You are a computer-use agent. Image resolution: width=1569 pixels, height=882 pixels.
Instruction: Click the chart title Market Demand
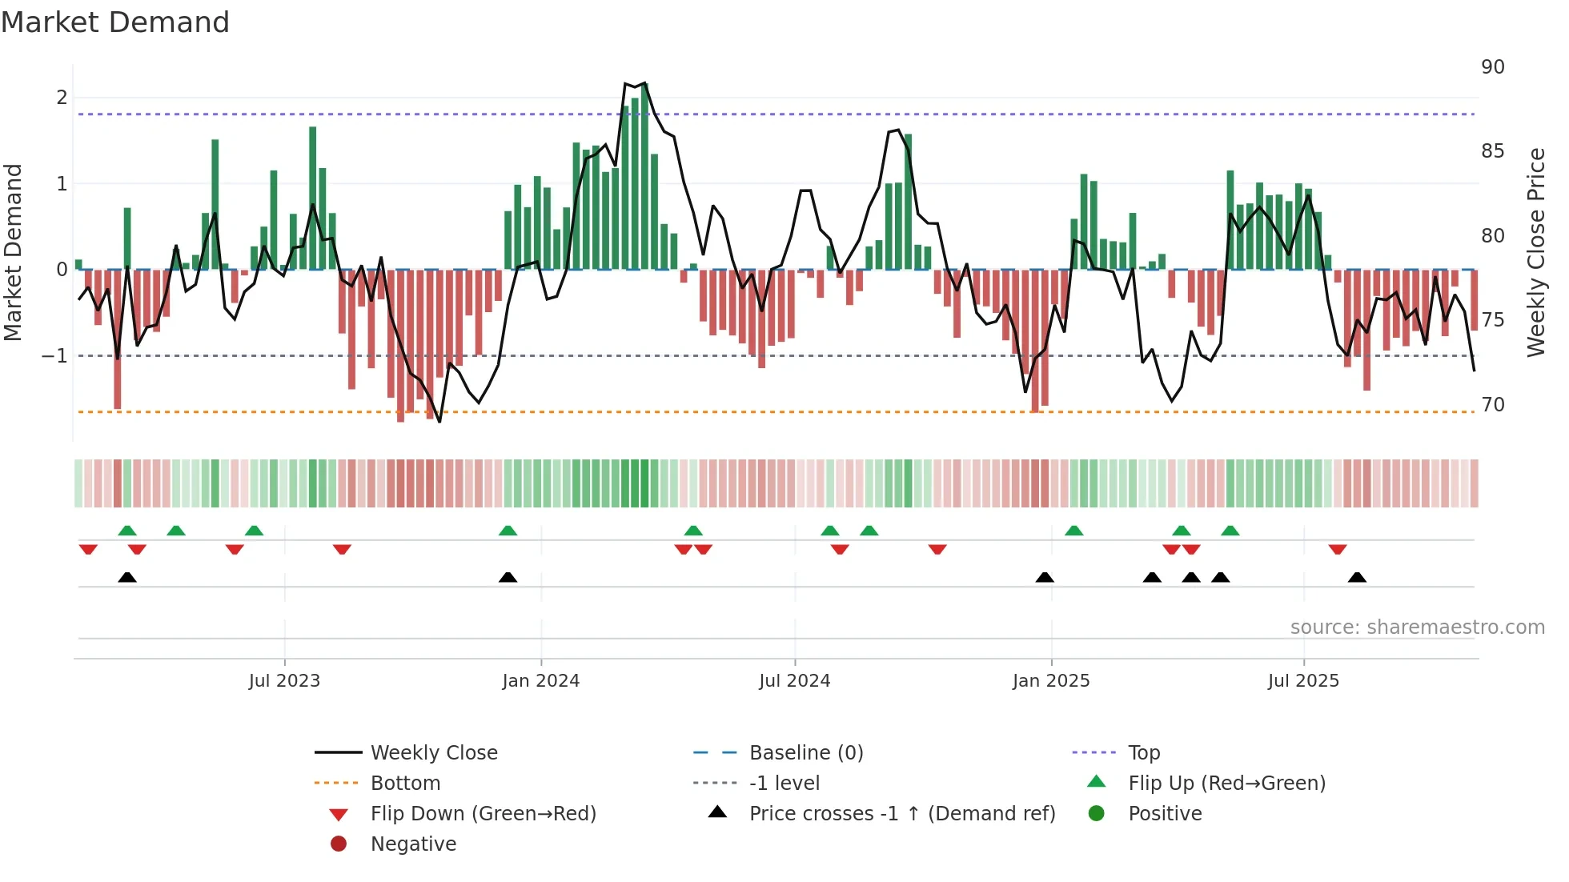(x=115, y=22)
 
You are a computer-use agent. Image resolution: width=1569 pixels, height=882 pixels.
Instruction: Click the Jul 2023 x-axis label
(x=284, y=681)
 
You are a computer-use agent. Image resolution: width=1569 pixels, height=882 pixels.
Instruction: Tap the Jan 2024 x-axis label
(x=540, y=681)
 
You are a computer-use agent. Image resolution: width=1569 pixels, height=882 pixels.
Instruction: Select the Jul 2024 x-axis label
(x=794, y=681)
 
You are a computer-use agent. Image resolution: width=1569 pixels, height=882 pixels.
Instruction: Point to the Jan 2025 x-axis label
(x=1050, y=681)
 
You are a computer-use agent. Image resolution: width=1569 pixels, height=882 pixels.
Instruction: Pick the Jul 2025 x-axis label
(x=1303, y=681)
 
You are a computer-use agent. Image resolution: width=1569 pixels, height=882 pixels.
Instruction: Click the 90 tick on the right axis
(x=1492, y=67)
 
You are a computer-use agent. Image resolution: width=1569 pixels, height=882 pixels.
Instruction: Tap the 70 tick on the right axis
(x=1492, y=405)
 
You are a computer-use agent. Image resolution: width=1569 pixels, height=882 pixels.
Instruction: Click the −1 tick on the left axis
(x=54, y=356)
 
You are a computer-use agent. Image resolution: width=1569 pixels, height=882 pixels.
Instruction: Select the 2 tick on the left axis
(x=62, y=98)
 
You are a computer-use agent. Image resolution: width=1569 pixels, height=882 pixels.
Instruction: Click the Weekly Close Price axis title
(x=1535, y=252)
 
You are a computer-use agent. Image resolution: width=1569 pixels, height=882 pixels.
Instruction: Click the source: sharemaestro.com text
(x=1417, y=627)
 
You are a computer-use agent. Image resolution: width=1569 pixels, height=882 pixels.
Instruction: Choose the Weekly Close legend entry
(x=433, y=753)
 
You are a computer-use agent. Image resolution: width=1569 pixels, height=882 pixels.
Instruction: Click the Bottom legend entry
(x=405, y=784)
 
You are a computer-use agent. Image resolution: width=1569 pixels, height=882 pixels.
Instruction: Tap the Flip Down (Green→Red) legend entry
(x=483, y=814)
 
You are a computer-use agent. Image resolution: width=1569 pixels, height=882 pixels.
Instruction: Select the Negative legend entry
(x=413, y=844)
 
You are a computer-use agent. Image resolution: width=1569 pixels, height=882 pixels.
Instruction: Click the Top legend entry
(x=1143, y=753)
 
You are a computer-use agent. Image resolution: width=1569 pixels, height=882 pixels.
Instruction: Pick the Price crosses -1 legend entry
(x=901, y=814)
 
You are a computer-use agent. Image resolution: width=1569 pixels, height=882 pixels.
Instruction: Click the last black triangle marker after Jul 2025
(x=1357, y=577)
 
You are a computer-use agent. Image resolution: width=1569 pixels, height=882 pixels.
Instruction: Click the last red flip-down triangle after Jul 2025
(x=1337, y=549)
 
